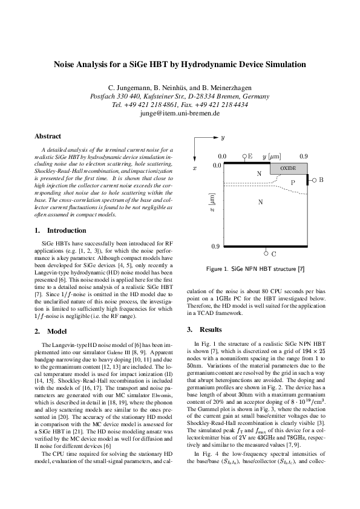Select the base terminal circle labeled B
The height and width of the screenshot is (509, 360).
tap(314, 180)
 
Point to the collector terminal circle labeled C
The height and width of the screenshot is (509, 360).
tap(266, 254)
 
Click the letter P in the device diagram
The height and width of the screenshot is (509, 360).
tap(292, 182)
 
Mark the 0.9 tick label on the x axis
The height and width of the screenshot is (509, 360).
tap(215, 247)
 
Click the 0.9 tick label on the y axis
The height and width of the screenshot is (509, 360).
tap(303, 156)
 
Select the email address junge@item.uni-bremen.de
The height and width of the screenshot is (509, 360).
tap(180, 113)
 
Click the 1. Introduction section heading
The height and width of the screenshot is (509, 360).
tap(61, 230)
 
